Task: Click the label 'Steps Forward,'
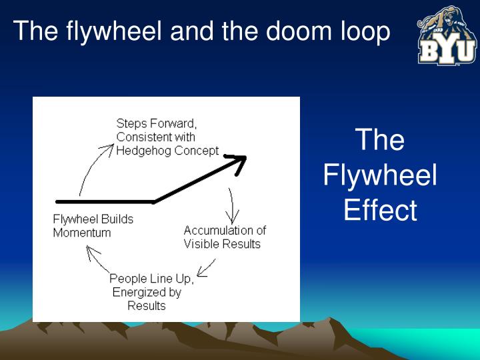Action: (157, 123)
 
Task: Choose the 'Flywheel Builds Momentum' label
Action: (93, 226)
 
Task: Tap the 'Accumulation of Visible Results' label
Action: (224, 237)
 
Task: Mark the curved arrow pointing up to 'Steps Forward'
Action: (92, 167)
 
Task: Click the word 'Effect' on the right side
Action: (380, 211)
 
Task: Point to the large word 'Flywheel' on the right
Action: (380, 176)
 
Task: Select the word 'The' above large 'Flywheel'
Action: (380, 141)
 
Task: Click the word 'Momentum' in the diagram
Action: (82, 233)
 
